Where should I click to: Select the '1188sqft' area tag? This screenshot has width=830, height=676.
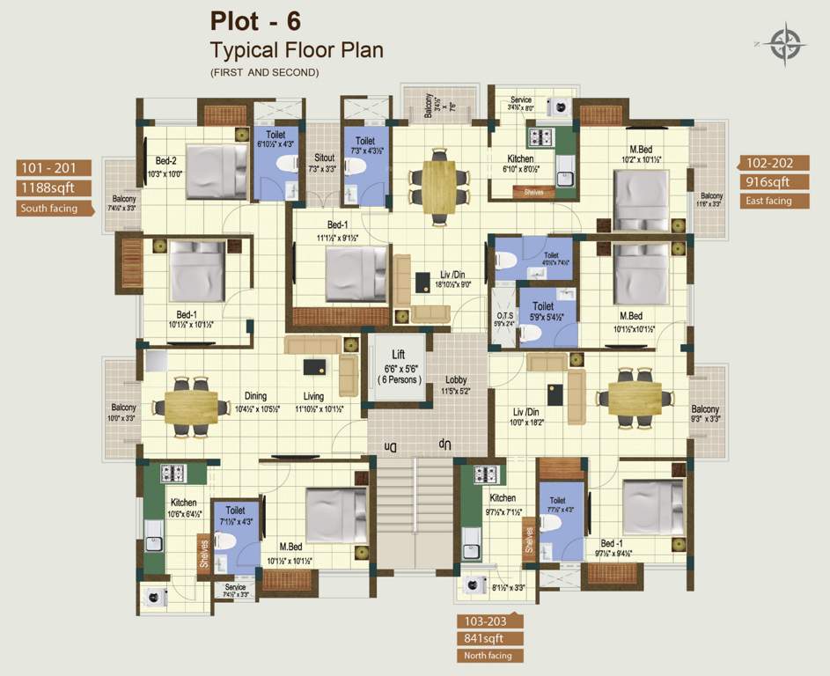click(x=51, y=187)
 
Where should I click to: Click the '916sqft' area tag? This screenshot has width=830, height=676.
click(x=762, y=182)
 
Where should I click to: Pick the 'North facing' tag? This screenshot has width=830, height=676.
click(x=488, y=656)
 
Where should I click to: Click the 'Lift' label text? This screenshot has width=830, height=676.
click(x=399, y=354)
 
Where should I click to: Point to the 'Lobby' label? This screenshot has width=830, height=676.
click(x=455, y=380)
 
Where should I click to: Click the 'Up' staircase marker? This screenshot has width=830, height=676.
click(x=446, y=447)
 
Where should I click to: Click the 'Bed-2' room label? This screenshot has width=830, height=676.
click(x=166, y=161)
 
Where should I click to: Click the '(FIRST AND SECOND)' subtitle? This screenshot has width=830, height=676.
click(x=264, y=72)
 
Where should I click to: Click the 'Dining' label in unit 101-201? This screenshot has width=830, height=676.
click(x=255, y=397)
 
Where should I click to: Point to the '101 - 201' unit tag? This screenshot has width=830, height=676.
click(x=51, y=167)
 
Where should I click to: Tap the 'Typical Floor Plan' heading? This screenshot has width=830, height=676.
click(x=296, y=49)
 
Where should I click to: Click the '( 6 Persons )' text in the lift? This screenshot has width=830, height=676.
click(x=399, y=379)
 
